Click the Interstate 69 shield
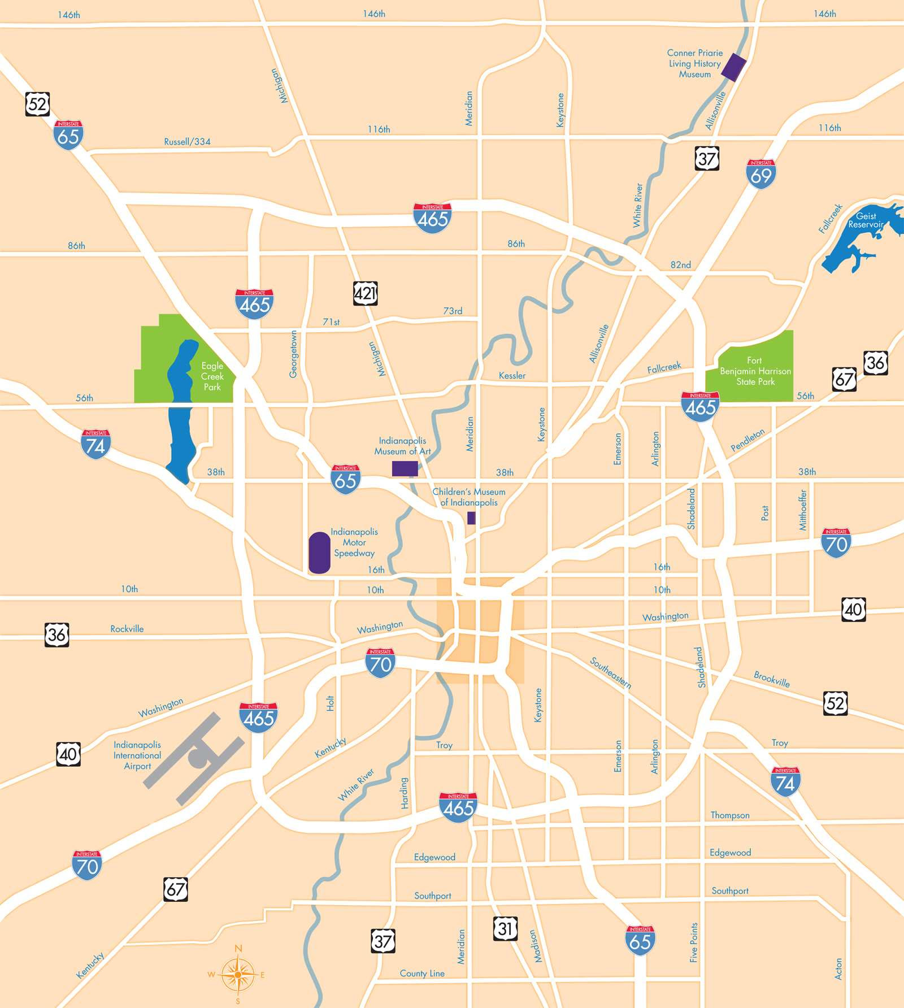click(x=761, y=174)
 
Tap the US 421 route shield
click(x=365, y=293)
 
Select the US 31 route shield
click(x=505, y=928)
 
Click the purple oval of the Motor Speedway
click(x=319, y=553)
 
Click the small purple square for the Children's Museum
click(x=471, y=518)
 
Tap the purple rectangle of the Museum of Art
click(x=405, y=468)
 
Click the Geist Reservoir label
click(x=866, y=220)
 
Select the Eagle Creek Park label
click(x=212, y=376)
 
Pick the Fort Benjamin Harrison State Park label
click(x=755, y=371)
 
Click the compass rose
click(x=238, y=975)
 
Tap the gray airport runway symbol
click(x=194, y=757)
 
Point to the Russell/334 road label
click(x=187, y=142)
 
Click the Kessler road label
click(x=512, y=376)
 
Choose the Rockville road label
click(x=127, y=629)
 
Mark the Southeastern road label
click(x=610, y=673)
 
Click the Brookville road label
click(x=771, y=679)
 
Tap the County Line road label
click(x=422, y=974)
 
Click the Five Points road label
click(x=694, y=942)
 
